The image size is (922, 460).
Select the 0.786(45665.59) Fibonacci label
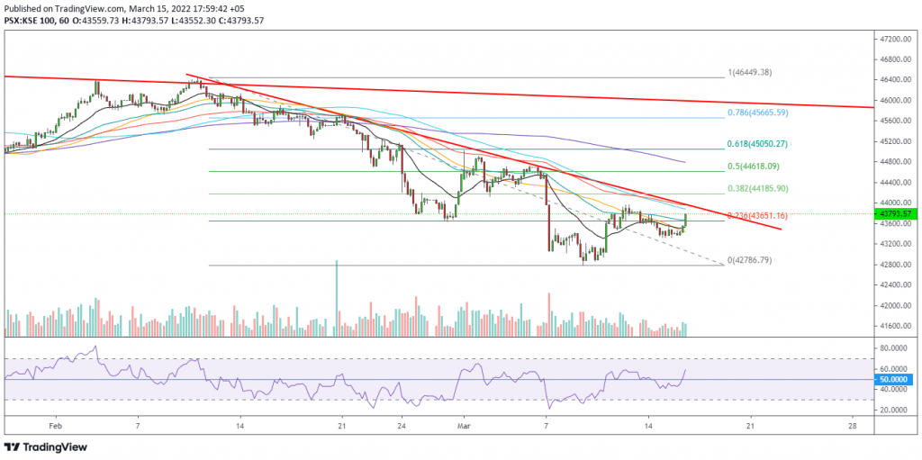pyautogui.click(x=757, y=113)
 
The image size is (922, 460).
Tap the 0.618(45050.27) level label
pyautogui.click(x=757, y=143)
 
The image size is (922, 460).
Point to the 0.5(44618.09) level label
pyautogui.click(x=755, y=166)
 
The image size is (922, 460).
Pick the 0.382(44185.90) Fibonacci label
pyautogui.click(x=757, y=189)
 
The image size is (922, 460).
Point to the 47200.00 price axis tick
pyautogui.click(x=894, y=40)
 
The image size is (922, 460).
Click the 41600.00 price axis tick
pyautogui.click(x=894, y=326)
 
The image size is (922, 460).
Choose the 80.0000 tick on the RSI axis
pyautogui.click(x=894, y=347)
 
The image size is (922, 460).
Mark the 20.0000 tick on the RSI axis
pyautogui.click(x=894, y=410)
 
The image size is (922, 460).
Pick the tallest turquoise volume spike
pyautogui.click(x=337, y=298)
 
